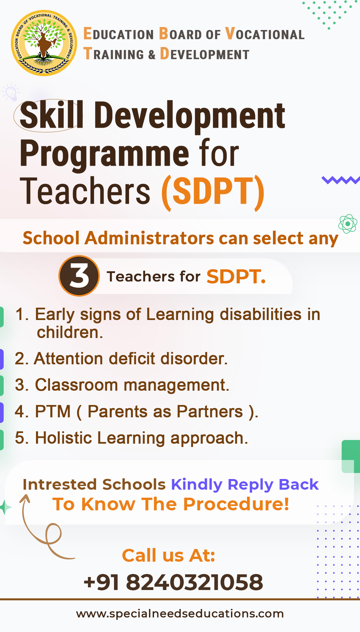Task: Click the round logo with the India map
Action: click(x=44, y=43)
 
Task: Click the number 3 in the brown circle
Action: click(x=79, y=276)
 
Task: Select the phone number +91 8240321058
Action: click(x=173, y=582)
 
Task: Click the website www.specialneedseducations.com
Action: click(x=180, y=614)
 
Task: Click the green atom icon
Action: click(x=348, y=224)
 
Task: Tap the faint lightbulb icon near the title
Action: click(x=11, y=92)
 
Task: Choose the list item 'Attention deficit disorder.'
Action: click(x=121, y=359)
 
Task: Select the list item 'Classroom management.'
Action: click(x=122, y=385)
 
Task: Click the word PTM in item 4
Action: click(x=53, y=411)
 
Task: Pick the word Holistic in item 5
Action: click(x=63, y=438)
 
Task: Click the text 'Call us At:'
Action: click(x=169, y=555)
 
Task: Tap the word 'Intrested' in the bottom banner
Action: click(x=61, y=484)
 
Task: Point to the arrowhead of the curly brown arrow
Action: click(x=25, y=497)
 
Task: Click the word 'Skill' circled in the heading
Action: click(x=51, y=115)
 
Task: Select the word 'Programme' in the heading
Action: click(x=104, y=154)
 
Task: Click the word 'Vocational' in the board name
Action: click(x=265, y=34)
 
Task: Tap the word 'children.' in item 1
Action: click(x=70, y=332)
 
